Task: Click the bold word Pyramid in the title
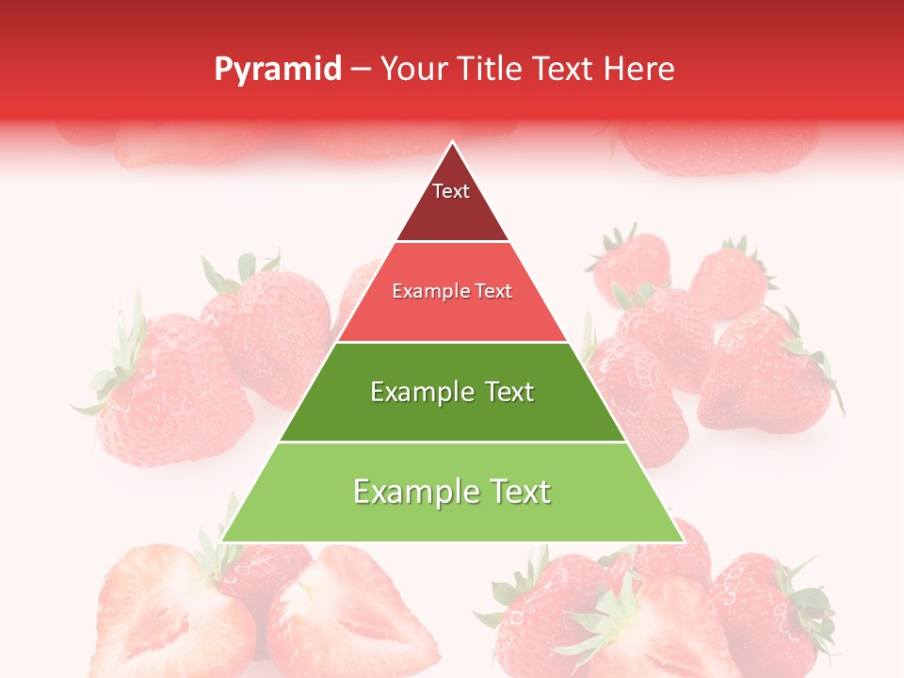click(x=277, y=70)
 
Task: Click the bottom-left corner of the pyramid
click(x=222, y=541)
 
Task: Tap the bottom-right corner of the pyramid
click(x=683, y=541)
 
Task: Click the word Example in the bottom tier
click(x=409, y=492)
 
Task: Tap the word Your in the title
click(x=412, y=69)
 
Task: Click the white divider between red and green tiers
click(x=452, y=342)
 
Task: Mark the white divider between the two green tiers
click(x=452, y=442)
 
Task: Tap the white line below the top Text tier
click(x=452, y=242)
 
